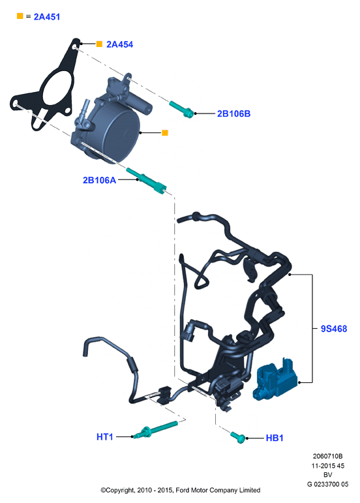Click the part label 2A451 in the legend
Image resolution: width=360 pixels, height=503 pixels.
point(47,17)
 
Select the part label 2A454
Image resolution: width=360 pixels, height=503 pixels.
point(119,44)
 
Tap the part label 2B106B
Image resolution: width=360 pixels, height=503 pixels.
point(233,114)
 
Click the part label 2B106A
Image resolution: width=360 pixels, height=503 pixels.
point(99,180)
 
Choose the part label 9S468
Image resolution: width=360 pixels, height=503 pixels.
point(334,329)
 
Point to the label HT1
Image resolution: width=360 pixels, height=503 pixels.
point(105,436)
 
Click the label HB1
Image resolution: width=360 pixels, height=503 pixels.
point(275,438)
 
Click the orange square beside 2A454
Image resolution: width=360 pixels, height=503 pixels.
point(99,44)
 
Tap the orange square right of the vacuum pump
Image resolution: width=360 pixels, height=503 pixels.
point(165,132)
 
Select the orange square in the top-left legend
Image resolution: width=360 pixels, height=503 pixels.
point(20,16)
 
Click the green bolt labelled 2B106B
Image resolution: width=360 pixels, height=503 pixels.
point(181,109)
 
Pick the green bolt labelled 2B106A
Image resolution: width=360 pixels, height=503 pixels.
point(146,180)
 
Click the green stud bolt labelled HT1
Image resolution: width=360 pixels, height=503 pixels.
point(155,429)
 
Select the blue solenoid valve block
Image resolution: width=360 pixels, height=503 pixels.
point(277,380)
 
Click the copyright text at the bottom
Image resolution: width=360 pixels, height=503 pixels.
point(180,490)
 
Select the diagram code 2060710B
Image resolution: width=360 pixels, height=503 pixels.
point(327,456)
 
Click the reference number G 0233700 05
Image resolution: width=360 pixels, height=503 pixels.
point(327,484)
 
